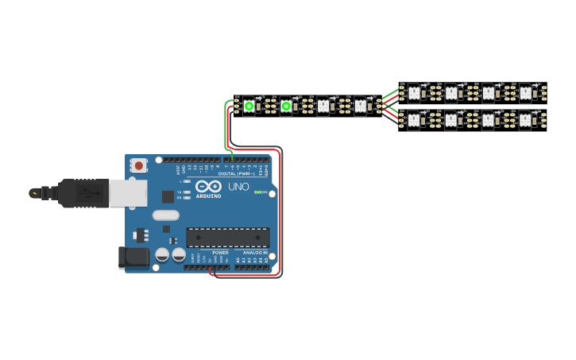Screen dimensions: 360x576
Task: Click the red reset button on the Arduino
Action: pos(139,165)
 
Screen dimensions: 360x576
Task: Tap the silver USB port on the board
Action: pos(127,192)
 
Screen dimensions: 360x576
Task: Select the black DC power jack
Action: pos(133,257)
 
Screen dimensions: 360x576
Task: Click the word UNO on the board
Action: pos(238,187)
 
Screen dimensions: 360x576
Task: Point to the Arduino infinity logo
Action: pos(208,187)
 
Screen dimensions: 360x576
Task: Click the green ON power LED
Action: pos(256,192)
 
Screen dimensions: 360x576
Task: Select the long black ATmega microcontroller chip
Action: pos(227,237)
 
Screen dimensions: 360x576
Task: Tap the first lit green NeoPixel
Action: pos(249,106)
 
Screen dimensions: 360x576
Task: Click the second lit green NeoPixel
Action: pos(286,106)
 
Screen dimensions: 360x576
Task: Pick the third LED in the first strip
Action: pos(323,106)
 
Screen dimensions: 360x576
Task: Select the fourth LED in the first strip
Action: pos(360,106)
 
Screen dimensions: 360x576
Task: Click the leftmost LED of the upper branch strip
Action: pos(413,93)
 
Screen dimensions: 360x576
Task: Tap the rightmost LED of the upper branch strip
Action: pos(525,93)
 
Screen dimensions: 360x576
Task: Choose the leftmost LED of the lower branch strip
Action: pos(413,121)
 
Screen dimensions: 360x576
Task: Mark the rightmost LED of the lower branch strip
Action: pos(525,121)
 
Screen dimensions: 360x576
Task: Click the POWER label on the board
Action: pos(220,253)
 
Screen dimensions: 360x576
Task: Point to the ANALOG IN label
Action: pos(254,253)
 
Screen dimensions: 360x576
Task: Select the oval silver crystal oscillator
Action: pos(166,215)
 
